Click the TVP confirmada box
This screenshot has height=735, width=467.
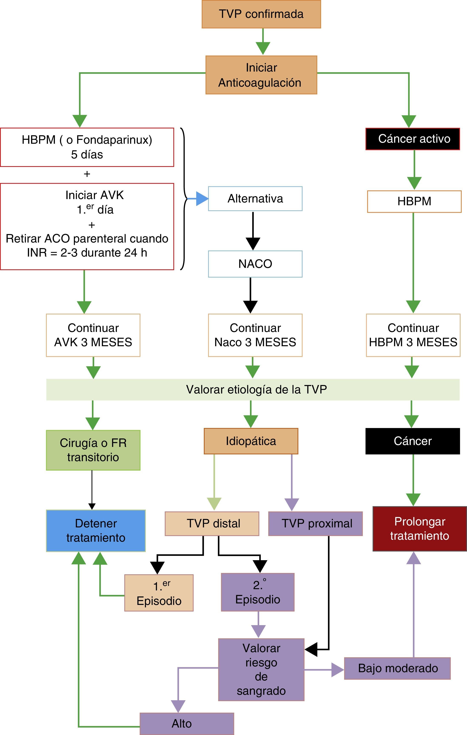click(x=261, y=14)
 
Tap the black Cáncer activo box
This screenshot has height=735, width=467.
click(x=412, y=139)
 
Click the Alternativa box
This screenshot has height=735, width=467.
click(x=255, y=199)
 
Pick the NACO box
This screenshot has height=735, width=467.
click(x=255, y=264)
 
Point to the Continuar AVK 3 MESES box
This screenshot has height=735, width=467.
click(x=93, y=335)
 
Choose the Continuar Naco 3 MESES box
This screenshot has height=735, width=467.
click(x=255, y=335)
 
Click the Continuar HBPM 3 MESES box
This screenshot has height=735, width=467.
click(x=413, y=335)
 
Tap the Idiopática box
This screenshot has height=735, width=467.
click(x=251, y=441)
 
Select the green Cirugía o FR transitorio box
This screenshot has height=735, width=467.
click(x=93, y=450)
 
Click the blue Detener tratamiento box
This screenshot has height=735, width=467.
click(x=96, y=531)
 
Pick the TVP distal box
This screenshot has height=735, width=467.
click(x=212, y=524)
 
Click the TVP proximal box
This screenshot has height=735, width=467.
click(x=315, y=524)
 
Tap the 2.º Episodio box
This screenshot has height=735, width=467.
click(x=257, y=592)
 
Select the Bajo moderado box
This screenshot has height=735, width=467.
click(x=397, y=668)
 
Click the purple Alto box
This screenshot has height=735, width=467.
click(x=187, y=724)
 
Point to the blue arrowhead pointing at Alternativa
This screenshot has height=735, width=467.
click(x=202, y=199)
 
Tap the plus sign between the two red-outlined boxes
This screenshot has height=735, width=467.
click(x=87, y=174)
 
